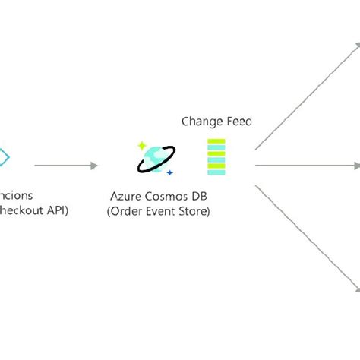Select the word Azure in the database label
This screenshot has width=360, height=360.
pyautogui.click(x=127, y=197)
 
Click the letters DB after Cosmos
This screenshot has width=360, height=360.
pyautogui.click(x=200, y=197)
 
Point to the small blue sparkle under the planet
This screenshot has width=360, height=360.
pyautogui.click(x=169, y=173)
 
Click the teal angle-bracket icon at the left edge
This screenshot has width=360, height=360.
pyautogui.click(x=4, y=158)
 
